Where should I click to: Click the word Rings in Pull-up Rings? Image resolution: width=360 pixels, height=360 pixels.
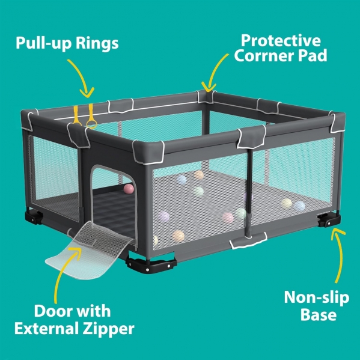point(97,43)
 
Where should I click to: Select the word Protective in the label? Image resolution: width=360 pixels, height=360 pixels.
point(281,41)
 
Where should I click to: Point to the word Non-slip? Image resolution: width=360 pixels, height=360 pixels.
point(317,297)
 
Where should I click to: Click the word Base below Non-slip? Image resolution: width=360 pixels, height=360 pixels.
point(319,314)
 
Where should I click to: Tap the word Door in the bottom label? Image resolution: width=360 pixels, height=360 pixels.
point(52,311)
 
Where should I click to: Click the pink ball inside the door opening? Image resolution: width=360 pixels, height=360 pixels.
point(129,189)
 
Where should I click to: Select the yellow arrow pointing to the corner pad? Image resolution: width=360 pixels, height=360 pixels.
point(213,71)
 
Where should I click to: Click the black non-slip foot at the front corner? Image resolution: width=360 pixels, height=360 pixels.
point(151,264)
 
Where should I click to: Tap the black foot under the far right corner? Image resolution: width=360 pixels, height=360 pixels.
point(329,221)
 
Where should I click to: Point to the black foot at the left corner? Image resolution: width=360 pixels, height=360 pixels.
point(34,217)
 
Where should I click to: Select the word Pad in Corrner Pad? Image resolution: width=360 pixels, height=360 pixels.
point(313,56)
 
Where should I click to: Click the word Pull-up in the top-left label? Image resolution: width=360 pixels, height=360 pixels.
point(44,43)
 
